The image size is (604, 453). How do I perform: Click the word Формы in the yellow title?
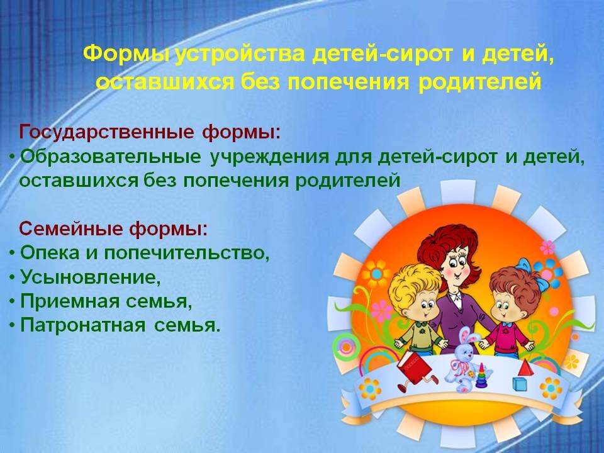126,54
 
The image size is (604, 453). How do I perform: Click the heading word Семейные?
71,228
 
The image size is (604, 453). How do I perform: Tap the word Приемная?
70,301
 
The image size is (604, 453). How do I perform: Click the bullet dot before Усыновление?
13,277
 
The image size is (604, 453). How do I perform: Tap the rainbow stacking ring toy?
481,376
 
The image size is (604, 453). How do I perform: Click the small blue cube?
519,383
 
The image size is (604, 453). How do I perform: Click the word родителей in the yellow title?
479,82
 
